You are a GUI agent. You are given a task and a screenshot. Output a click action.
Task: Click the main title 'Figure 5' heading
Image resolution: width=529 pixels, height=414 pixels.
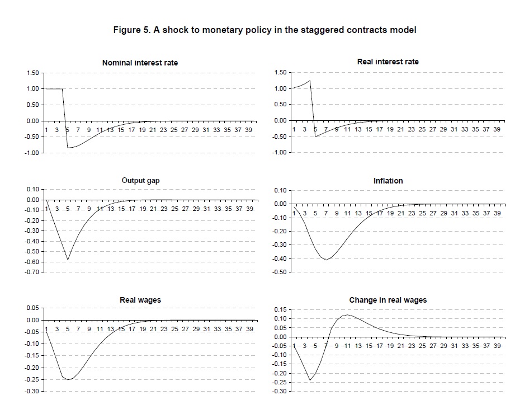pos(264,30)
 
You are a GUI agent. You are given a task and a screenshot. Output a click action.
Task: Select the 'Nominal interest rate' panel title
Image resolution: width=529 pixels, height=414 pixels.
pos(140,63)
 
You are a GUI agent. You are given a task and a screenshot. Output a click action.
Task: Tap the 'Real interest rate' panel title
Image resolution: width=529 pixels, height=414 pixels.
pos(388,62)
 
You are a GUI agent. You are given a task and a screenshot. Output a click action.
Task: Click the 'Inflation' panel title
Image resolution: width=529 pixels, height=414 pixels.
pos(388,181)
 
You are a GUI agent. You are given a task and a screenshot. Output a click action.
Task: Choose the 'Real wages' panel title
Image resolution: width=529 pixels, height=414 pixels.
pos(140,300)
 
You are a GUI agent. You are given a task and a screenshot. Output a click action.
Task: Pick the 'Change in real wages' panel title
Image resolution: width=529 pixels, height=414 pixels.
pos(388,300)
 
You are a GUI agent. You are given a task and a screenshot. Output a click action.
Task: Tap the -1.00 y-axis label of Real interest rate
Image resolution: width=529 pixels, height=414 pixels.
pos(280,153)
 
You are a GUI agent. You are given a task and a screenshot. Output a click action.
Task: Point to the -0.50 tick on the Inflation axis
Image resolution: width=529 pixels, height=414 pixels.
pos(280,272)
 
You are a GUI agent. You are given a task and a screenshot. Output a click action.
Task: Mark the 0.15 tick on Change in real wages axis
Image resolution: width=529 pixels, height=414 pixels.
pos(280,309)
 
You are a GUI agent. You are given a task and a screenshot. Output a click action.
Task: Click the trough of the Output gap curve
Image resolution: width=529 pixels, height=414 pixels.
pos(68,260)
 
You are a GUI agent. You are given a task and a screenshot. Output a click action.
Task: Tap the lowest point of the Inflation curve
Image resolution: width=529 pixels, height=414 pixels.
pos(326,260)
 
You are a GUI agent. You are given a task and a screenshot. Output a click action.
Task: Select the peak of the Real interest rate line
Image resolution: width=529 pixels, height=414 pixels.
pos(310,81)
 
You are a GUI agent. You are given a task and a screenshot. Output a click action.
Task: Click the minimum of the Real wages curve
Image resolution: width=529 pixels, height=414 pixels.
pos(68,379)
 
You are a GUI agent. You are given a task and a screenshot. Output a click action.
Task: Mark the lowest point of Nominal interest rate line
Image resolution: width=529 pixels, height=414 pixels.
pos(68,148)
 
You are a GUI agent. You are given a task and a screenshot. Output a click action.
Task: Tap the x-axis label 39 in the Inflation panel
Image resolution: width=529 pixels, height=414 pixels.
pos(497,213)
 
